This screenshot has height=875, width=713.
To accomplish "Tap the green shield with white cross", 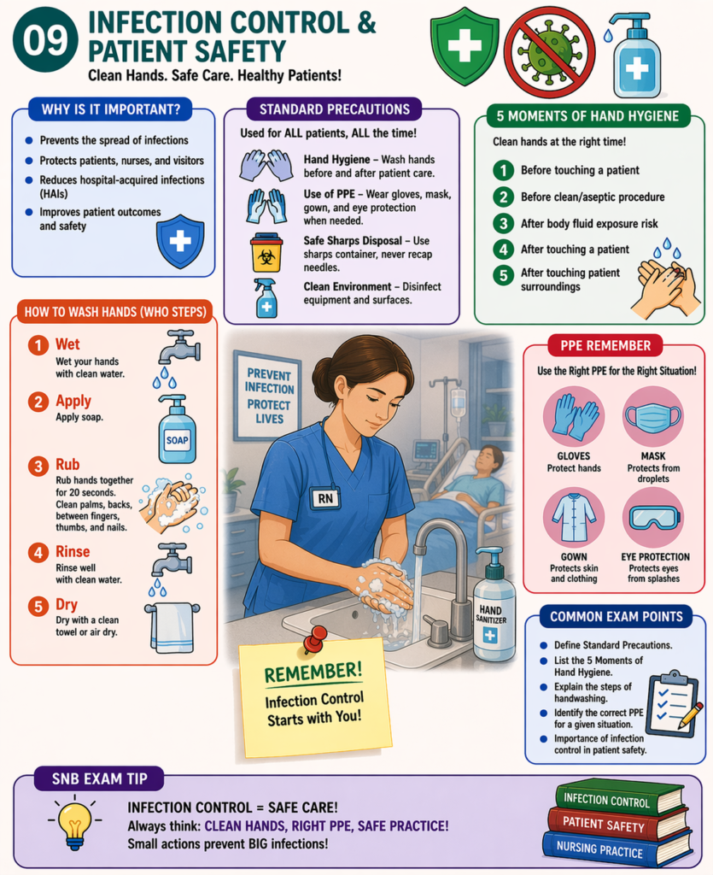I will coord(464,46).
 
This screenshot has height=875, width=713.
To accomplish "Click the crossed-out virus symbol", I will coord(548,50).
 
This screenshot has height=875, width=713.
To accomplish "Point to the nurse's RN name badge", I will coord(325,497).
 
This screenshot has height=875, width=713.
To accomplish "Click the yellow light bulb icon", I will coord(75,824).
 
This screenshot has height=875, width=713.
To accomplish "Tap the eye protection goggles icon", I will coord(652,518).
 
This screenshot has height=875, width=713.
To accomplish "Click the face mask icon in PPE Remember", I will coord(652,417).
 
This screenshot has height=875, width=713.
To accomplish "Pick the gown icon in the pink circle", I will coord(574,519).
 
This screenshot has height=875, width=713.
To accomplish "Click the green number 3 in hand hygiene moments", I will coord(504,224).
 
